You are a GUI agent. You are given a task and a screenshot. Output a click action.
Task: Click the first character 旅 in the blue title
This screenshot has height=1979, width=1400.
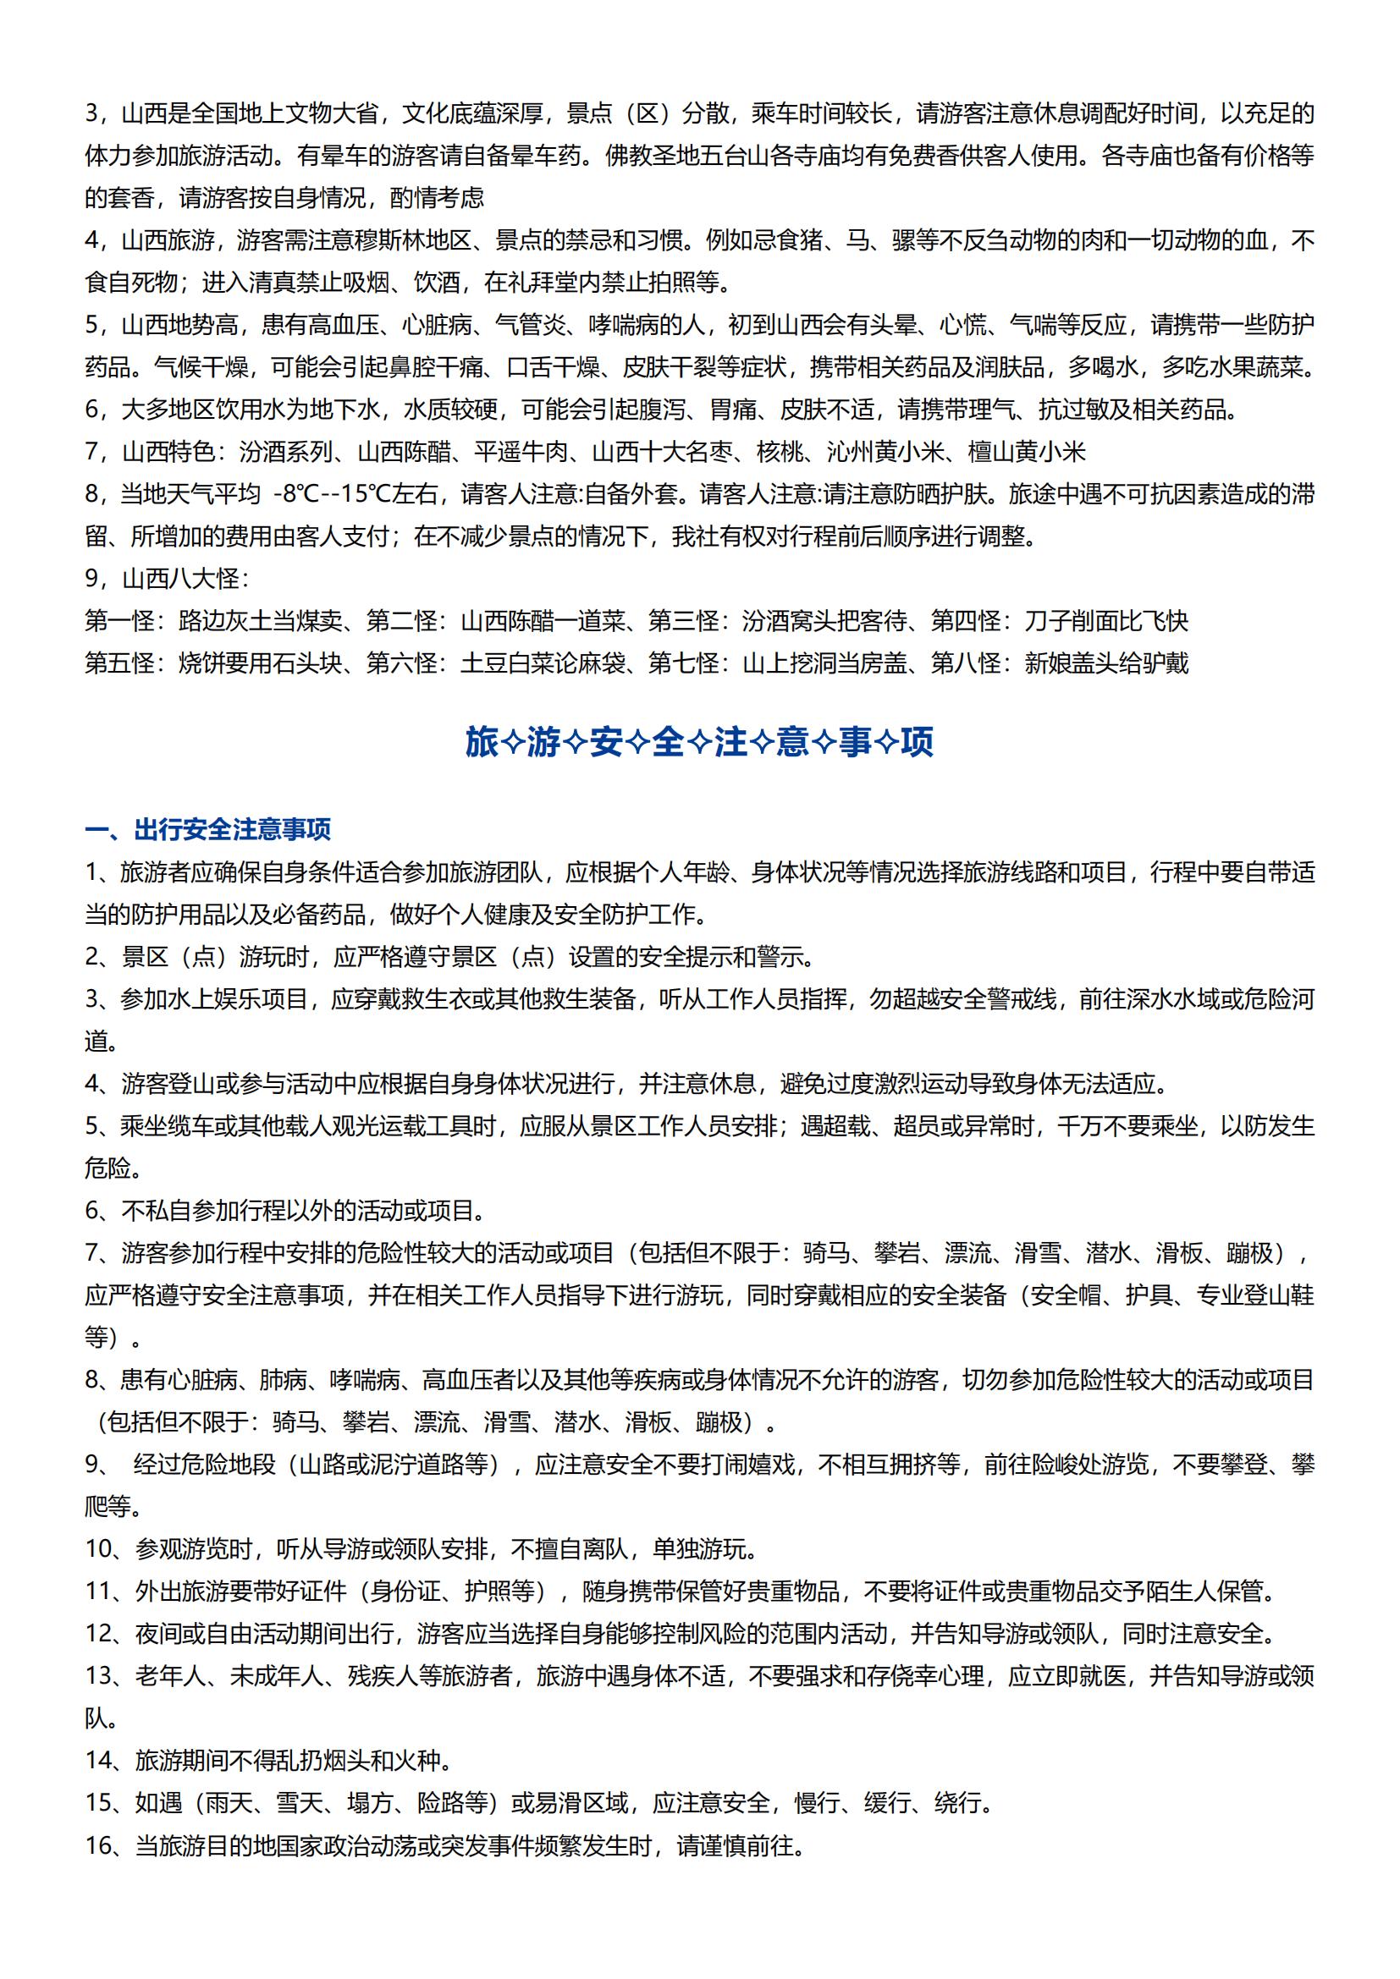(x=482, y=742)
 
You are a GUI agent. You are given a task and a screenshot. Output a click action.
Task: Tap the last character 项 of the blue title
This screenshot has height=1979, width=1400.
(x=917, y=742)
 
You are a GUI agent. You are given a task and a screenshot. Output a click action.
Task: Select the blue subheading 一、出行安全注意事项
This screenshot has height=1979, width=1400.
(x=207, y=830)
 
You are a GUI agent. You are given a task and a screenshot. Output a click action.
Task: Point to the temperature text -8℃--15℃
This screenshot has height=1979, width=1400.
(x=332, y=495)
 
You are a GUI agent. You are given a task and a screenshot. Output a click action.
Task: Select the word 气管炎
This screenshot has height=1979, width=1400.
(x=530, y=325)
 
